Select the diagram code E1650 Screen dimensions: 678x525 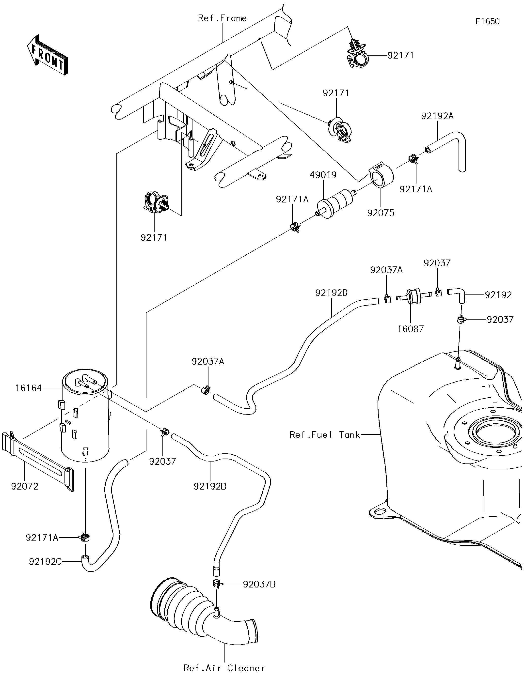(487, 21)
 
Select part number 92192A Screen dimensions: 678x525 (437, 116)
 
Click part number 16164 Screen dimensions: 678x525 (29, 388)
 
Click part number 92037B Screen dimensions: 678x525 (259, 584)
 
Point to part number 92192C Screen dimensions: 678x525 (45, 562)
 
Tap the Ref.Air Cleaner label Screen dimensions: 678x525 (224, 667)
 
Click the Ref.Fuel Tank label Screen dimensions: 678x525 (324, 435)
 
